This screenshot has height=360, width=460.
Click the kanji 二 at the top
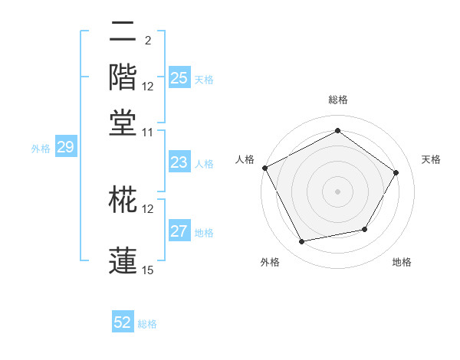[123, 33]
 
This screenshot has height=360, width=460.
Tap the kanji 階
[123, 77]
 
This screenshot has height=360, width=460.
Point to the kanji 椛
[123, 200]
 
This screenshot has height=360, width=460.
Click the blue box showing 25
[179, 78]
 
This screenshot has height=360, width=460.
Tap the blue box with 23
[179, 162]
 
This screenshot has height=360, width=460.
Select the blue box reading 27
[179, 232]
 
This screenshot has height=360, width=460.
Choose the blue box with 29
[65, 148]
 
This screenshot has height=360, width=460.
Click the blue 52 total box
[123, 323]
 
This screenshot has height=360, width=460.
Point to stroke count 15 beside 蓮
[148, 270]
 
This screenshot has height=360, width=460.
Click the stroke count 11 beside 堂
[148, 131]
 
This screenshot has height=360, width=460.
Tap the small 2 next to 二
[147, 41]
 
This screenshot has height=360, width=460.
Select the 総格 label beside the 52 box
[147, 324]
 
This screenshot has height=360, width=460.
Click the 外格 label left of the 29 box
[41, 149]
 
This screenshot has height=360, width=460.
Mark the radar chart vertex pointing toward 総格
[337, 131]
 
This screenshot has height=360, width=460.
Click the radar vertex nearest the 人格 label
[264, 168]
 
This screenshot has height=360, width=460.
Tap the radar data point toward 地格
[365, 229]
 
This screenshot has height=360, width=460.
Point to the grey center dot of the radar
[337, 191]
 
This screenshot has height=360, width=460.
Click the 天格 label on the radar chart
[431, 159]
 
